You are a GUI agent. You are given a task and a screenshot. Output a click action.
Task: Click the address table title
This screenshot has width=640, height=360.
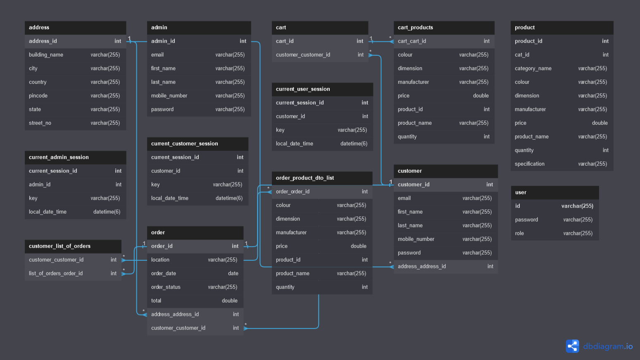tap(39, 27)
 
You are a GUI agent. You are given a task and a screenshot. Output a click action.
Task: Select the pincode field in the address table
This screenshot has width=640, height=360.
tap(38, 96)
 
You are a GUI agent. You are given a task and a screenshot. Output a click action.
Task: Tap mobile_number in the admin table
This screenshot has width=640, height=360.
tap(169, 96)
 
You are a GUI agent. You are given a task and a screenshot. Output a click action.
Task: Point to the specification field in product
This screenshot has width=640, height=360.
tap(529, 164)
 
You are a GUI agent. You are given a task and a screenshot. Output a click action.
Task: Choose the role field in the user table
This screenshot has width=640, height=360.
tap(519, 234)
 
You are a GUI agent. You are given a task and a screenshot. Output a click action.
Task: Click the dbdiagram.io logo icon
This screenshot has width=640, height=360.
tap(572, 346)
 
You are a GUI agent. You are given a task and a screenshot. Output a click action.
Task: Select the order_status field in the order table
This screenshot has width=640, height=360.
tap(166, 287)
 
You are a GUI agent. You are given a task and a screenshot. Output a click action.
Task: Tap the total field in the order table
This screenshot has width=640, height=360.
tap(156, 300)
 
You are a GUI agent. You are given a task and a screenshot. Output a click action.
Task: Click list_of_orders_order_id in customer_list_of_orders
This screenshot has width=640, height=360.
tap(56, 274)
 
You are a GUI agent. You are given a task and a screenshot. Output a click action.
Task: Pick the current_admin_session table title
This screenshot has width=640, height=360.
tap(59, 157)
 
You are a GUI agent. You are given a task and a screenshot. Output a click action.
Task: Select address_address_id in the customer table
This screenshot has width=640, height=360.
tap(422, 266)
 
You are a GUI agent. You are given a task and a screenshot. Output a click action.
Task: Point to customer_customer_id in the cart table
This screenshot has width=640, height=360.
tap(303, 55)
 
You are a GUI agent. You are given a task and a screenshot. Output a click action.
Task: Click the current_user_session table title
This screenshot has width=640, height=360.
tap(303, 89)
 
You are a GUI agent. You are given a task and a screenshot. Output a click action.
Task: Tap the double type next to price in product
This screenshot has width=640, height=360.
tap(600, 123)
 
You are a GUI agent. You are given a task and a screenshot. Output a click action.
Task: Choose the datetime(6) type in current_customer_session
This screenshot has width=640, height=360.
tap(229, 198)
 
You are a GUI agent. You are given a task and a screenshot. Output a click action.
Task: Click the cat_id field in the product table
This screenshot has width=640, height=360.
tap(522, 55)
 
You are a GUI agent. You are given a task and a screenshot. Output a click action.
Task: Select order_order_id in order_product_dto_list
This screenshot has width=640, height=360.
tap(293, 192)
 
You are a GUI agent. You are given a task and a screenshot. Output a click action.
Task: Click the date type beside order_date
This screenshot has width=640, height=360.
tap(233, 274)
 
